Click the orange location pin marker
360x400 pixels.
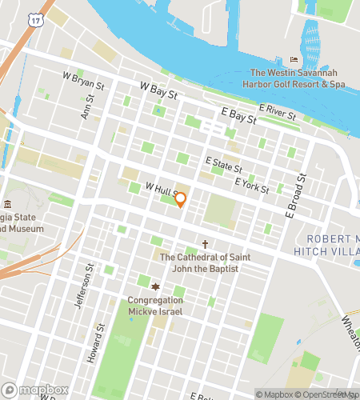click(181, 199)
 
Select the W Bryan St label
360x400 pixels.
click(84, 80)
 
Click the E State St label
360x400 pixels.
click(223, 165)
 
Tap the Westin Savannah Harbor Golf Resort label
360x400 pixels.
click(293, 78)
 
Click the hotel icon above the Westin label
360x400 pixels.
click(294, 59)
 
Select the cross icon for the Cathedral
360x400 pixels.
click(205, 244)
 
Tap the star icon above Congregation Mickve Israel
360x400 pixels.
click(155, 287)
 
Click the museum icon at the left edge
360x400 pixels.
click(8, 205)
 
